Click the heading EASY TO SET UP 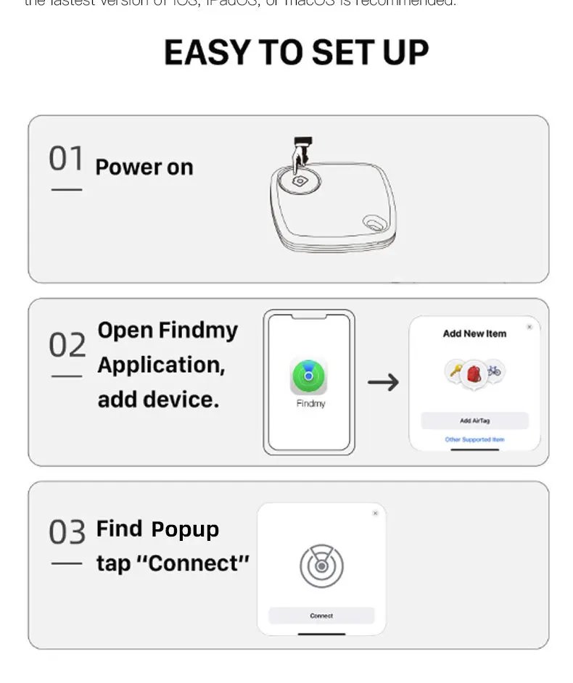296,52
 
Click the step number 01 66,159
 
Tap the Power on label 144,167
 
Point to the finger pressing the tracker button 300,154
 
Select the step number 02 67,346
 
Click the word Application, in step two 161,365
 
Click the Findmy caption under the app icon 310,403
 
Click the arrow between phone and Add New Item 383,382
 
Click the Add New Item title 474,334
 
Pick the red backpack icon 474,374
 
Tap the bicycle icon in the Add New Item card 494,371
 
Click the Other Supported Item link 474,439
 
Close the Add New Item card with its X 529,327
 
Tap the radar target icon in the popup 321,566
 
